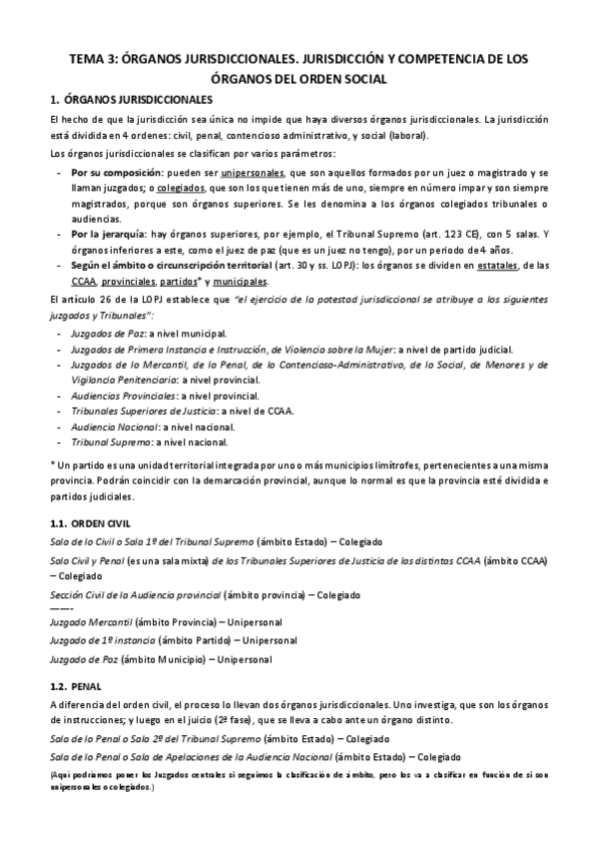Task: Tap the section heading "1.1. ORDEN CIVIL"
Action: [89, 523]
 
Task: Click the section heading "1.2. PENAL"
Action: [75, 686]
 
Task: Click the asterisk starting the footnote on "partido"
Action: [52, 465]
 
